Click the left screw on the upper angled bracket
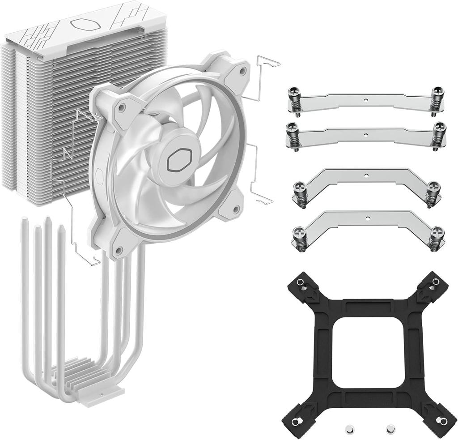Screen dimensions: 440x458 (x=301, y=192)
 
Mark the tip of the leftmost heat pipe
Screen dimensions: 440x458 (x=25, y=222)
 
